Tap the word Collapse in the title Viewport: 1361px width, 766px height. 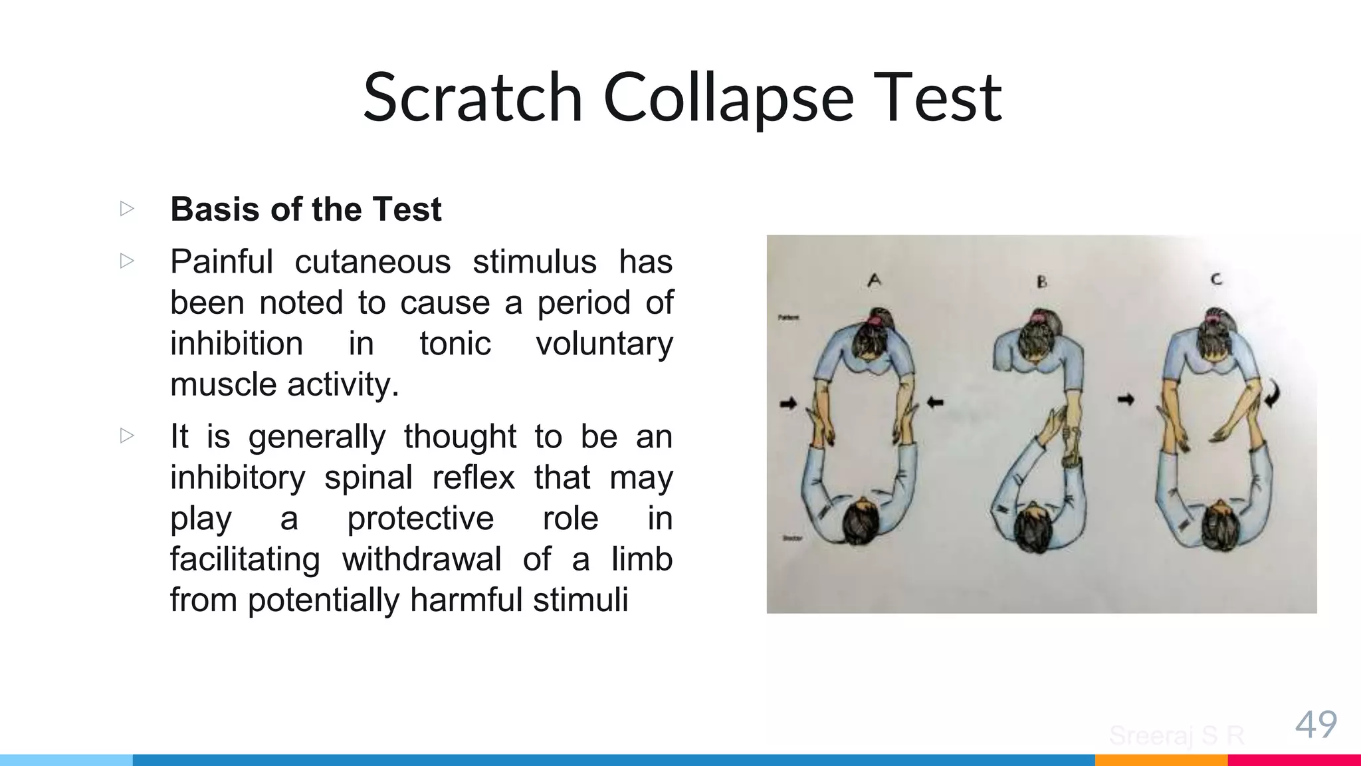728,98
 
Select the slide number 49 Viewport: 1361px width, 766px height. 1316,724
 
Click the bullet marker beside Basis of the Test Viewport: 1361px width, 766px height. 127,209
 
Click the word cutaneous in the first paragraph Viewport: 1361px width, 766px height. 373,261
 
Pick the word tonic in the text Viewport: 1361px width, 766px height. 455,344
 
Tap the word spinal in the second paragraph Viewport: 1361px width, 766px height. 369,477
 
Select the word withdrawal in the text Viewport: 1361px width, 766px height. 421,559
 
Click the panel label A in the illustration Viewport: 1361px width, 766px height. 875,281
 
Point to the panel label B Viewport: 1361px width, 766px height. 1041,282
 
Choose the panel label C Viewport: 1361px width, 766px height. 1216,279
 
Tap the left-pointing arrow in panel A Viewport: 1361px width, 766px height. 935,402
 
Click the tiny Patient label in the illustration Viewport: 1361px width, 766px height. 789,318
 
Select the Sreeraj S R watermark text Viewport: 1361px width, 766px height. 1176,735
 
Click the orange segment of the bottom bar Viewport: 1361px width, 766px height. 1161,760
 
